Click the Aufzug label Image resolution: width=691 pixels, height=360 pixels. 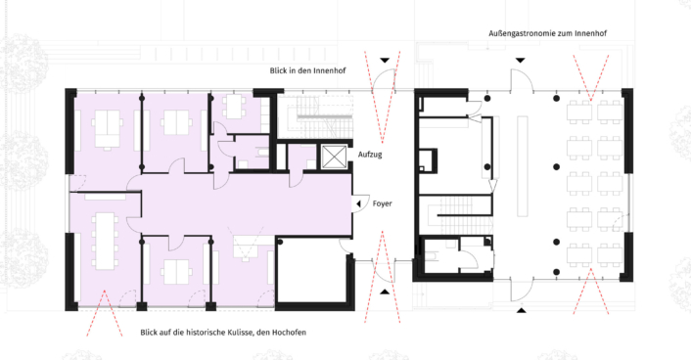click(370, 155)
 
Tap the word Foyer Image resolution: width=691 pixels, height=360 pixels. click(382, 203)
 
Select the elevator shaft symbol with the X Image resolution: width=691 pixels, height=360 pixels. click(334, 157)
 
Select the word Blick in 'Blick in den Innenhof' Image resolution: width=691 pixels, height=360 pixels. click(279, 70)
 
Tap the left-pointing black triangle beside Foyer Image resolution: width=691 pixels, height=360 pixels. click(359, 203)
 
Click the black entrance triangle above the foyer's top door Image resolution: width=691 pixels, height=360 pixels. click(386, 60)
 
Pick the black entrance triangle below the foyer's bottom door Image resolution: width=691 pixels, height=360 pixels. click(386, 292)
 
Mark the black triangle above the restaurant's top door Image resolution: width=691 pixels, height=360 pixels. click(521, 60)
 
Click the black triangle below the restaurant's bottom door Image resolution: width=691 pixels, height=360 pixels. click(522, 311)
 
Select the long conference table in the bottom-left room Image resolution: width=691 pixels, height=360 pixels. click(105, 241)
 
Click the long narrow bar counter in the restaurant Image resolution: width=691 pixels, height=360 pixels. click(523, 166)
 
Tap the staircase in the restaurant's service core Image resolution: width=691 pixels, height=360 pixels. click(455, 216)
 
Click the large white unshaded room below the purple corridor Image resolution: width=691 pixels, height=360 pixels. click(312, 271)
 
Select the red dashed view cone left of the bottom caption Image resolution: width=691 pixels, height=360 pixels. click(105, 313)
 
